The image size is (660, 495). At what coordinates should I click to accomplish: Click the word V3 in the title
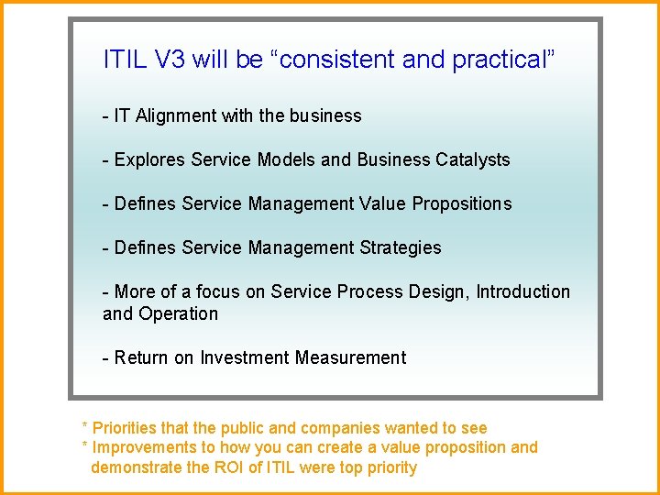tap(170, 60)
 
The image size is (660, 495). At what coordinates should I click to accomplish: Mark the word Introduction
tap(522, 292)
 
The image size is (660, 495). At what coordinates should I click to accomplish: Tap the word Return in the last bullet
tap(142, 358)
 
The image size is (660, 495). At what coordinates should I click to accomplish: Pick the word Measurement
tap(350, 358)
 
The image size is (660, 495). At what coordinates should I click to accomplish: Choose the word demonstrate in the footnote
tap(136, 468)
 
